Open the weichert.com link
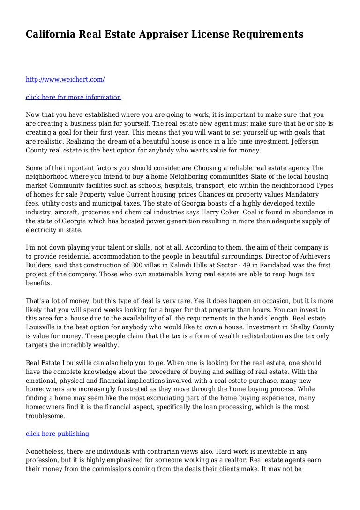[65, 79]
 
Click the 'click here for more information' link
[73, 97]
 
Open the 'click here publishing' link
[57, 434]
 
